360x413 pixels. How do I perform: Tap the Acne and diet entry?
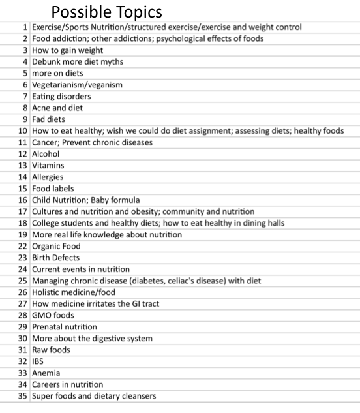57,108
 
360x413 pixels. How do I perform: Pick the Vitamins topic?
48,166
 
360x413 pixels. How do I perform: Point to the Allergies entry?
48,177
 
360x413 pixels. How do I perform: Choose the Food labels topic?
53,189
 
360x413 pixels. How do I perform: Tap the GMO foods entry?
53,315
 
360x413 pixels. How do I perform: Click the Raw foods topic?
51,350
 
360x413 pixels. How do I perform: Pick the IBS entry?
37,361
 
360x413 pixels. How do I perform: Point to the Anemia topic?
46,373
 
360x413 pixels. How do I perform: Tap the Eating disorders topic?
61,96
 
